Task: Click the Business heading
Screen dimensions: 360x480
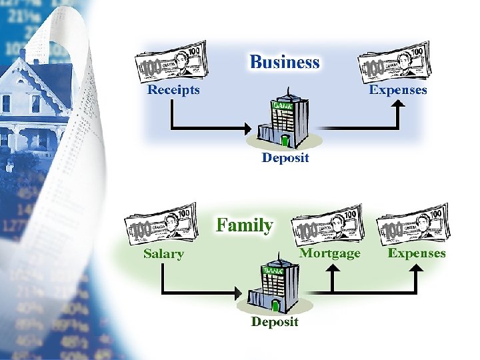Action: tap(285, 63)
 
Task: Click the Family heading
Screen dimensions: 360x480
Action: tap(245, 225)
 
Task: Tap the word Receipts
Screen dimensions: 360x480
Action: tap(173, 89)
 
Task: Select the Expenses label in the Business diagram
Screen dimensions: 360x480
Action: tap(398, 89)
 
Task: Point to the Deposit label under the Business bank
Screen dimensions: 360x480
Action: tap(285, 158)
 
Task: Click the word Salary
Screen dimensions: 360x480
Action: tap(163, 253)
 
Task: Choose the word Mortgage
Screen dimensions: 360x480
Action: tap(329, 253)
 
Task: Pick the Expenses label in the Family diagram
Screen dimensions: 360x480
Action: tap(417, 253)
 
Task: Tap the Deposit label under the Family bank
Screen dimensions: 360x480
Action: tap(275, 322)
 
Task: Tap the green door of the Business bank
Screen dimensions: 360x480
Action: tap(286, 140)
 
